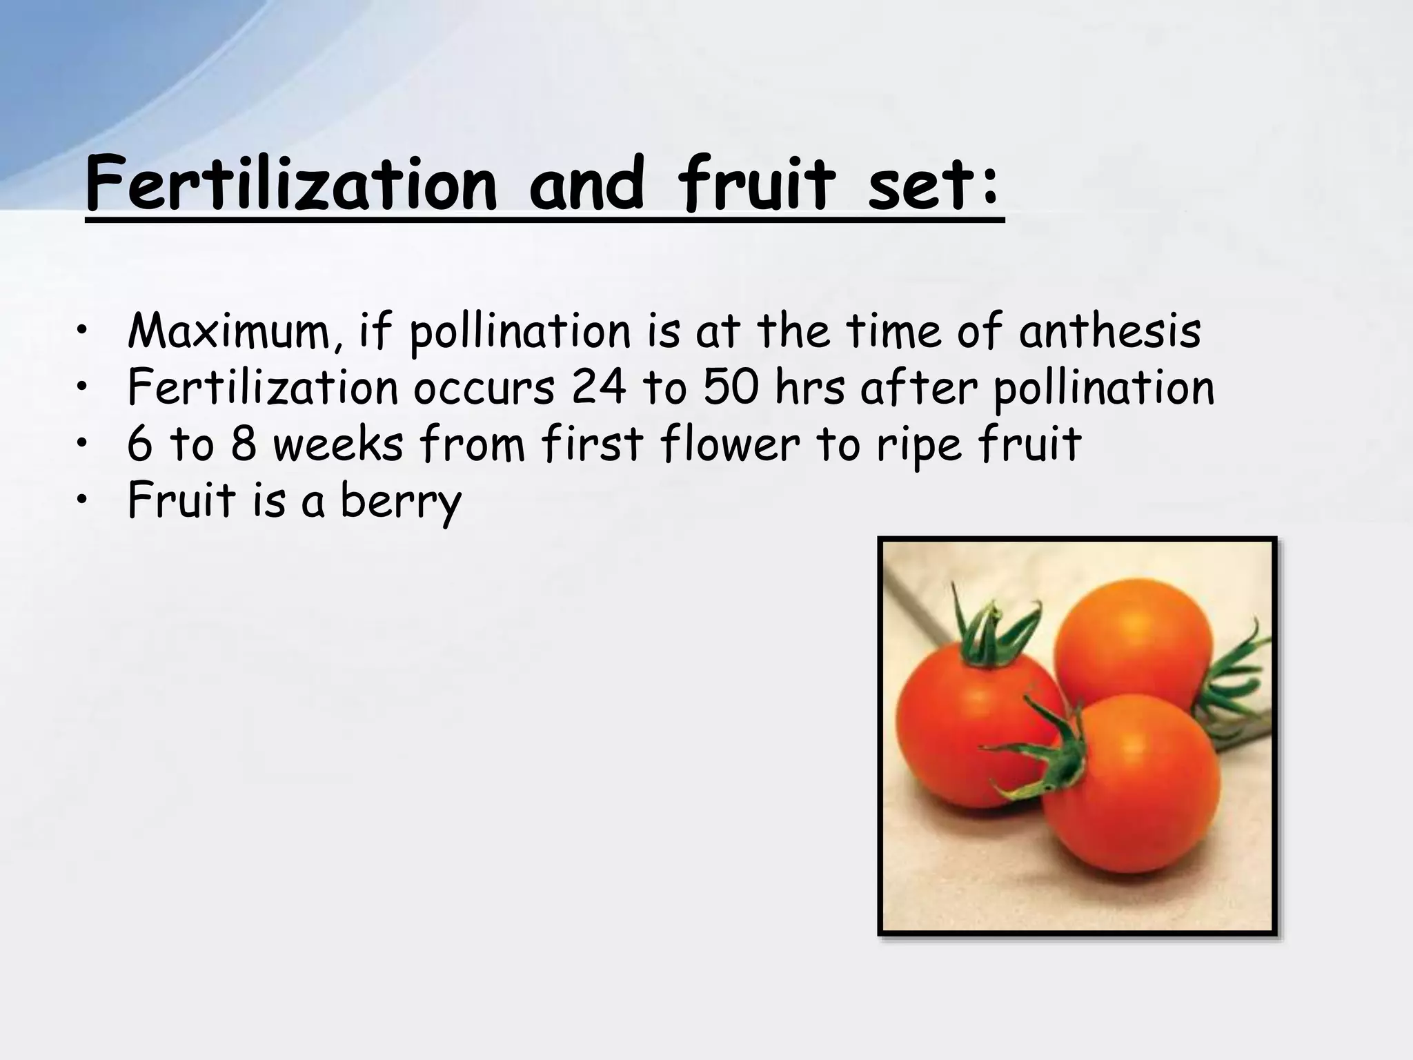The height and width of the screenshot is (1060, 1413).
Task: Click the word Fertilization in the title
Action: point(290,185)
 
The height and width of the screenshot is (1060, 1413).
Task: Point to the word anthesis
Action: point(1109,332)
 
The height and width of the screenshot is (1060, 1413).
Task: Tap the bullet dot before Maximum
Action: point(83,332)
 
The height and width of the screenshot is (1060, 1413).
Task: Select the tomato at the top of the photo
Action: point(1132,649)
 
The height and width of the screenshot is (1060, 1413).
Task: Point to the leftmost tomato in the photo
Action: point(966,732)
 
